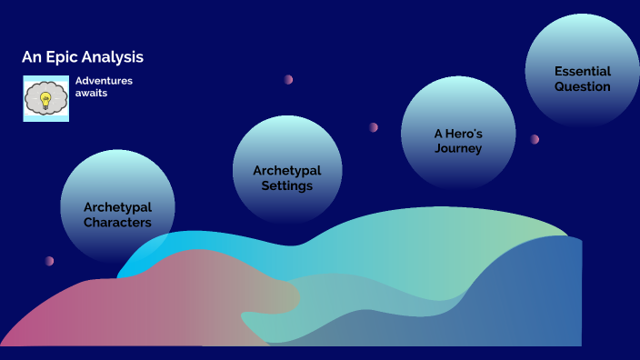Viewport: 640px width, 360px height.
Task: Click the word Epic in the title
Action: [x=58, y=57]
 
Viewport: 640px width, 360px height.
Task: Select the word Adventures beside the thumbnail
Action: [x=104, y=81]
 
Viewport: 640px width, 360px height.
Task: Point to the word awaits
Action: [x=92, y=93]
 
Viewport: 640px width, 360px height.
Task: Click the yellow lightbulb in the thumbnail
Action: [x=45, y=97]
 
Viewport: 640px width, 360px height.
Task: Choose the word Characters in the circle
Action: [x=117, y=222]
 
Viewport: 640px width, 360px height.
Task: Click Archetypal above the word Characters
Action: [x=117, y=206]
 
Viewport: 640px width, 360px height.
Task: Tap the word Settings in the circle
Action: [x=287, y=185]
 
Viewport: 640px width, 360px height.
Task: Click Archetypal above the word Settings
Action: [x=287, y=170]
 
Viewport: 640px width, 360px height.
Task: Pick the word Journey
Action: [x=458, y=148]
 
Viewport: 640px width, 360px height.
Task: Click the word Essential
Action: [x=583, y=71]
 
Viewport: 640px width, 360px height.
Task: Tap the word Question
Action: [x=583, y=86]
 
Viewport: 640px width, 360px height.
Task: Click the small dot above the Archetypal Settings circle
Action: [x=288, y=79]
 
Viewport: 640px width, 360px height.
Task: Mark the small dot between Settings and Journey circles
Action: [x=374, y=127]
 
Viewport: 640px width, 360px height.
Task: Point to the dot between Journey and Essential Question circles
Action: [x=535, y=139]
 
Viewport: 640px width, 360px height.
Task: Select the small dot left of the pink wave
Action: [x=49, y=261]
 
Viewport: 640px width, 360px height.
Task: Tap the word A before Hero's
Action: [x=438, y=133]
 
